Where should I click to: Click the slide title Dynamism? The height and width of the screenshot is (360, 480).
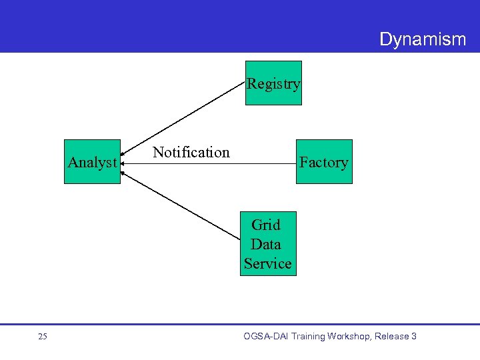tap(422, 39)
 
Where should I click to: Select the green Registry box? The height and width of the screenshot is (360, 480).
tap(273, 83)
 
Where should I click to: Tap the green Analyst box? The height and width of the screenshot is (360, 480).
tap(92, 162)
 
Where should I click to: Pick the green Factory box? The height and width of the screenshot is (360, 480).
tap(324, 162)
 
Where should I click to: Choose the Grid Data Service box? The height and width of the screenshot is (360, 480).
tap(267, 244)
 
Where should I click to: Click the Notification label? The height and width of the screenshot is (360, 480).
tap(191, 152)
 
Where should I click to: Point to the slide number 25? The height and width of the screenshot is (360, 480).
tap(43, 337)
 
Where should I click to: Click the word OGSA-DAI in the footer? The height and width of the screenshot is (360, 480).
tap(267, 337)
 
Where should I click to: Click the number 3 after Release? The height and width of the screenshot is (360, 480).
tap(413, 337)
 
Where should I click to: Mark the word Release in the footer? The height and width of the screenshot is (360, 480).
tap(391, 337)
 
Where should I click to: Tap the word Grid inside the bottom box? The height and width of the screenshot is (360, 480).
tap(266, 225)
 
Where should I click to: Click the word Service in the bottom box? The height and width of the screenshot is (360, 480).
tap(267, 263)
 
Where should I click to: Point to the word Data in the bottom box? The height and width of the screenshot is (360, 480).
tap(266, 244)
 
